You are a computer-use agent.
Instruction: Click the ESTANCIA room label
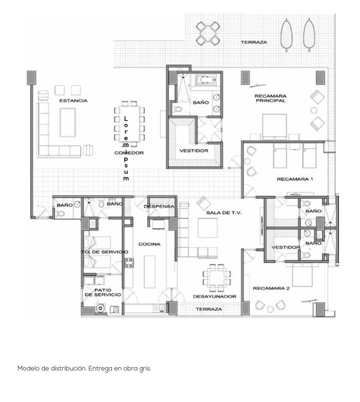[x=73, y=101]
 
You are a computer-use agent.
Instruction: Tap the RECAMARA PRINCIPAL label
[x=271, y=98]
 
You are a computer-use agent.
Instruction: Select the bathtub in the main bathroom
[x=206, y=80]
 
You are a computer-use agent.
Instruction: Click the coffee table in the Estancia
[x=68, y=122]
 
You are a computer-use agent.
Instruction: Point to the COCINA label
[x=149, y=244]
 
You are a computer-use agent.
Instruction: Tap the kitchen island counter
[x=150, y=272]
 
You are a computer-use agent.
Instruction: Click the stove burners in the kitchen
[x=129, y=263]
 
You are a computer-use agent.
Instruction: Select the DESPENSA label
[x=159, y=206]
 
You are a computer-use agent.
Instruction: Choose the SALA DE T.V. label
[x=224, y=213]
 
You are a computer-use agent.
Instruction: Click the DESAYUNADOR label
[x=215, y=296]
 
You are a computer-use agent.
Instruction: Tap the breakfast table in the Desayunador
[x=217, y=278]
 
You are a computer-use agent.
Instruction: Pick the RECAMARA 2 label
[x=271, y=288]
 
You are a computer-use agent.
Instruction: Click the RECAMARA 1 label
[x=295, y=179]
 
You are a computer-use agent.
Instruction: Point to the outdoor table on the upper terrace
[x=208, y=34]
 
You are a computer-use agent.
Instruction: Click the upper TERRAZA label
[x=254, y=42]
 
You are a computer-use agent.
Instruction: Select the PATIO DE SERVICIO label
[x=102, y=292]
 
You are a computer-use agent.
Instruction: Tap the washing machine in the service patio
[x=101, y=308]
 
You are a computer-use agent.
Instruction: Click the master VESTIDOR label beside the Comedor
[x=194, y=151]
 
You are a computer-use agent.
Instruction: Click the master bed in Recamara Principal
[x=275, y=126]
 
